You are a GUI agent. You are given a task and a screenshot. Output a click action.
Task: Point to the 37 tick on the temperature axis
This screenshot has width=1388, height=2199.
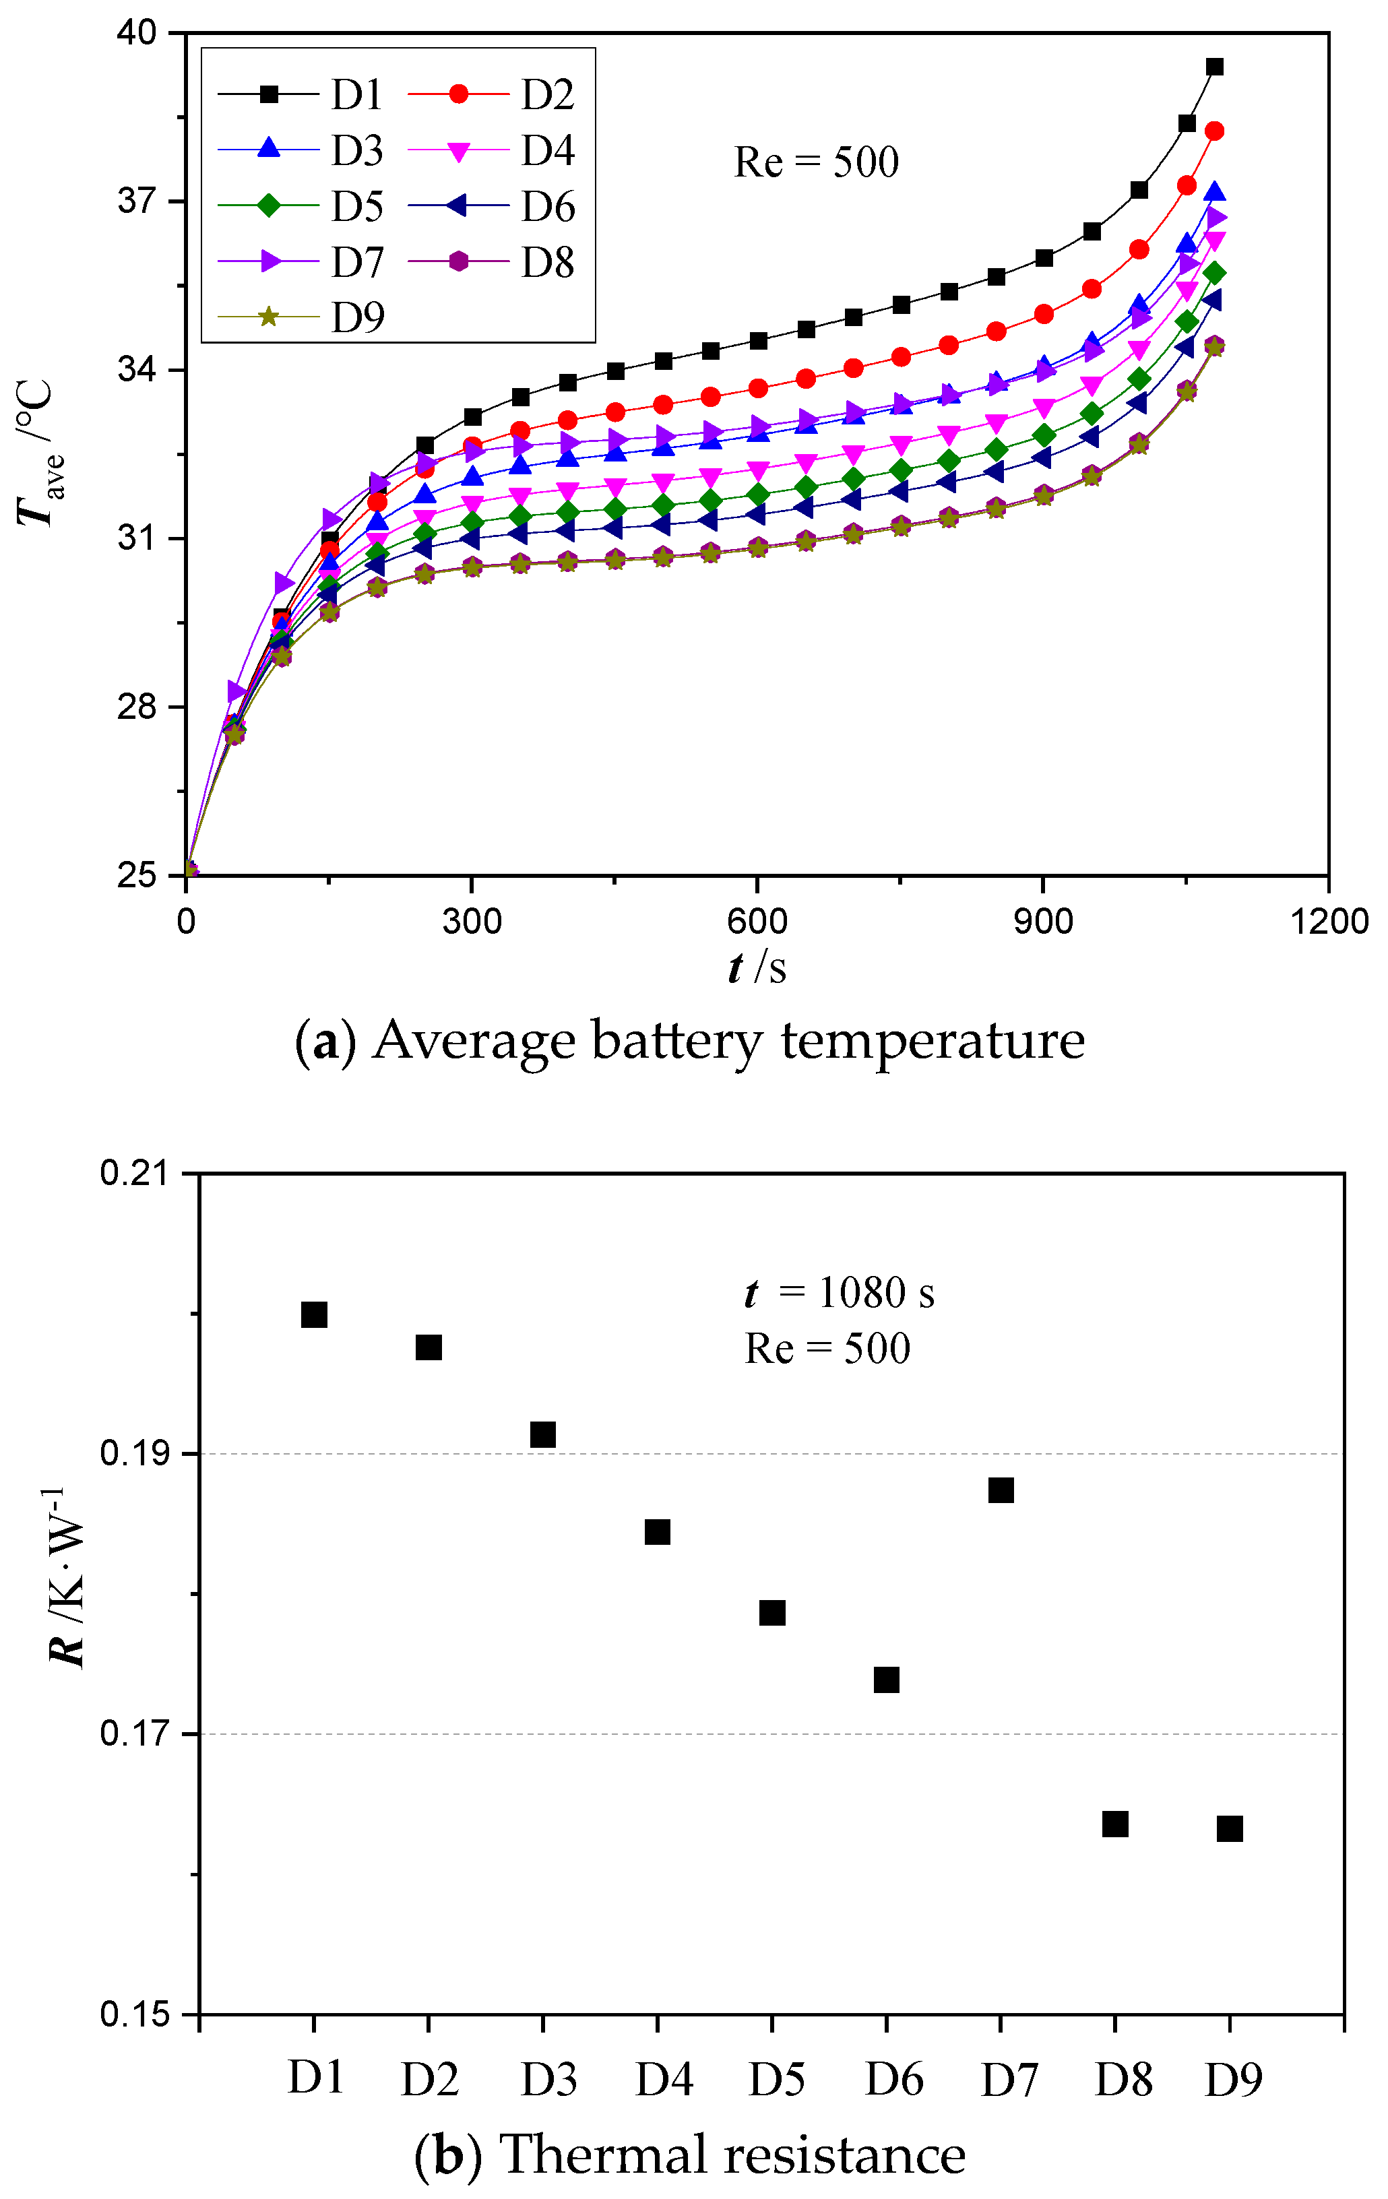[136, 201]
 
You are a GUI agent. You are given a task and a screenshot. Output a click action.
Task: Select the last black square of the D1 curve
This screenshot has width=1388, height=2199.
[1214, 67]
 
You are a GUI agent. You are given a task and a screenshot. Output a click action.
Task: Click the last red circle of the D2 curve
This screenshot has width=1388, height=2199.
[1214, 131]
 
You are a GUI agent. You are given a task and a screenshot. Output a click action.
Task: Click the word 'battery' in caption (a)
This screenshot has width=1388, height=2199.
[678, 1041]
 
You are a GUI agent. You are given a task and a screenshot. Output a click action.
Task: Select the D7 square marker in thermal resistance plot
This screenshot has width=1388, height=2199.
[1001, 1490]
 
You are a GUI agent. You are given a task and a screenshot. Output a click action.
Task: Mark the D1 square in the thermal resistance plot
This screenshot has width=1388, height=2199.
[314, 1315]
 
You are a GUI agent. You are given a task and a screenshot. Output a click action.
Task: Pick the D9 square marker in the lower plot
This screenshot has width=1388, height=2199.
[1230, 1828]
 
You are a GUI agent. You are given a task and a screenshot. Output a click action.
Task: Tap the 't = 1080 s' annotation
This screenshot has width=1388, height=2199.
[839, 1293]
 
